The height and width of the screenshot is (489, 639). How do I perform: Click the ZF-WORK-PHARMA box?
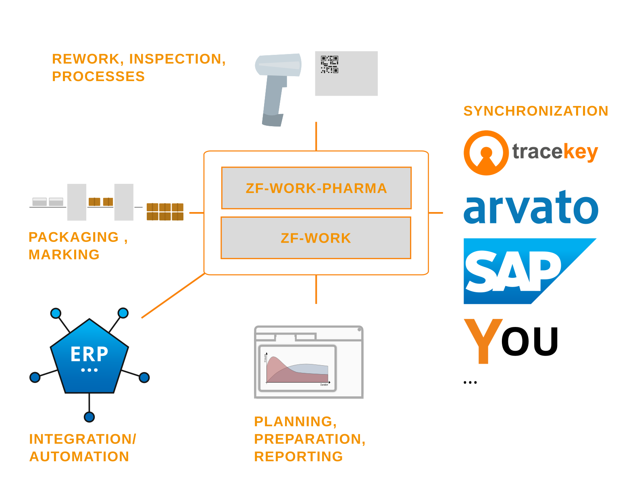click(316, 188)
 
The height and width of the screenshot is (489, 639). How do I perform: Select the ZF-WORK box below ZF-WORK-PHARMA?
click(316, 238)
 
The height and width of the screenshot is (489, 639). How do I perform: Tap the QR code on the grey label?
click(329, 65)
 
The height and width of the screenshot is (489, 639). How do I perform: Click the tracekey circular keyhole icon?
click(486, 153)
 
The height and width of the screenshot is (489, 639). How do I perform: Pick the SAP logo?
click(520, 271)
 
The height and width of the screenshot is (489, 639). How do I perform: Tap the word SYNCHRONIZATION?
click(535, 111)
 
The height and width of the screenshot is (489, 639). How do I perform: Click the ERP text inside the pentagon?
click(89, 354)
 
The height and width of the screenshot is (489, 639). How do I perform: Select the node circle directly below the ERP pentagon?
click(89, 417)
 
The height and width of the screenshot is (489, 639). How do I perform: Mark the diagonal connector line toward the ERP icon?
click(173, 295)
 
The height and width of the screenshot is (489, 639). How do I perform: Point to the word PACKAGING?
click(74, 237)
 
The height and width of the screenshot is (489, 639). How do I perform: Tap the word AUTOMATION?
click(79, 456)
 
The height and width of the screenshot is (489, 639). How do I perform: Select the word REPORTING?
click(298, 456)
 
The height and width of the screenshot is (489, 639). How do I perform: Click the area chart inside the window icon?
click(298, 368)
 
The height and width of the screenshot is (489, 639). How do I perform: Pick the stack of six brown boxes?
click(165, 212)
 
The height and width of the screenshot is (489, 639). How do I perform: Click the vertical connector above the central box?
click(316, 136)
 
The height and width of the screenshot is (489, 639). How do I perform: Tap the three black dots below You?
click(470, 382)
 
